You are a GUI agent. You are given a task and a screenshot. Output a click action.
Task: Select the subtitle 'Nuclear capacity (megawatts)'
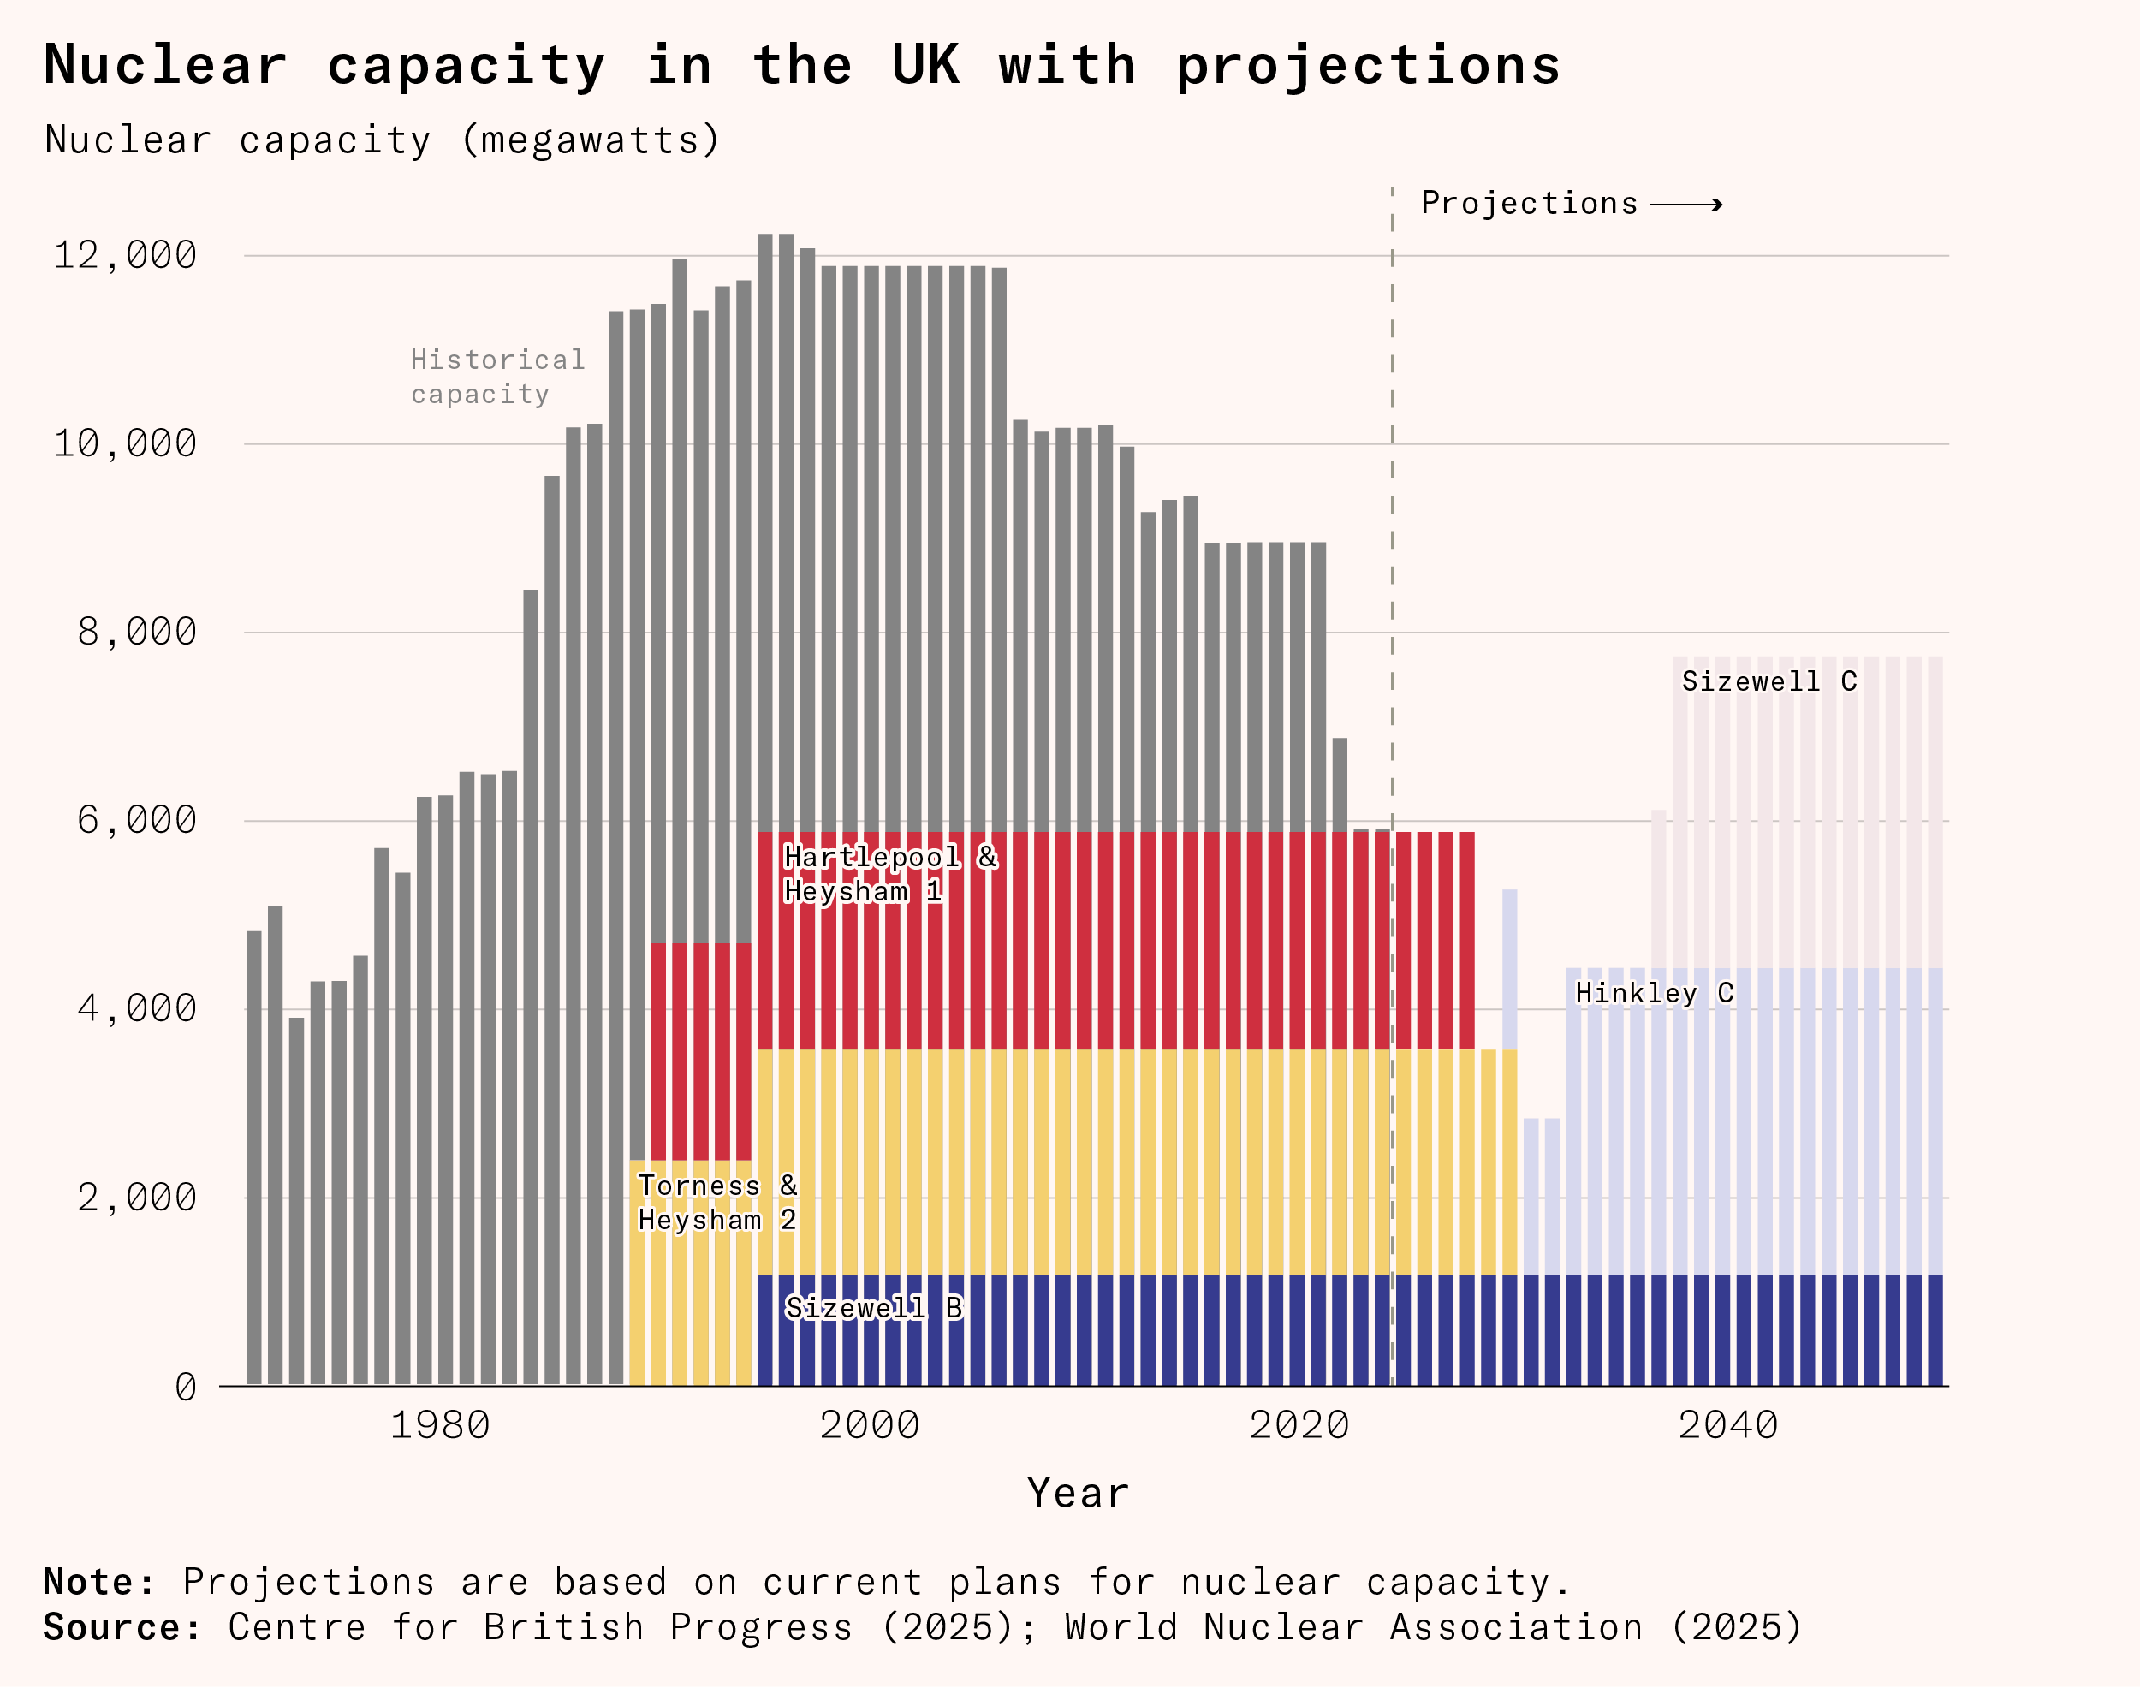point(382,140)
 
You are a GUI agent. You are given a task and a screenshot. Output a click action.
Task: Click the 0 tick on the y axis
point(186,1388)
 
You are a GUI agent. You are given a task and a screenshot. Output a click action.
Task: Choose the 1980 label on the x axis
point(440,1425)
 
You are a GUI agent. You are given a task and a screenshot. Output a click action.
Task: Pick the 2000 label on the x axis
point(870,1425)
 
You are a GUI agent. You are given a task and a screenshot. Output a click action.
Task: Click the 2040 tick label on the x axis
point(1727,1425)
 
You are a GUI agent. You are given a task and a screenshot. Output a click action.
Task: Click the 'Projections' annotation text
point(1529,204)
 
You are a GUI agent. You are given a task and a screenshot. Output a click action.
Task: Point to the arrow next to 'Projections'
point(1686,205)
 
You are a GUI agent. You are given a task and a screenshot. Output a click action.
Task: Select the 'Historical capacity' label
point(497,377)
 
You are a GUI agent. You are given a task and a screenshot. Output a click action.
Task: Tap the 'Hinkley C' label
point(1655,993)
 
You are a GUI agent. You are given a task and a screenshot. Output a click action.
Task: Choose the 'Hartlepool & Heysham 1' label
point(889,875)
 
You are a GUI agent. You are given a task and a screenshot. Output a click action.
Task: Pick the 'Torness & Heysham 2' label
point(716,1203)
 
